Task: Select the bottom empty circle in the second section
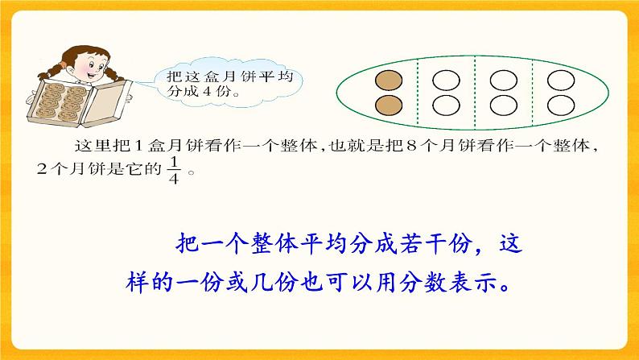pos(445,104)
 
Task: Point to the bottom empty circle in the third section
pos(502,104)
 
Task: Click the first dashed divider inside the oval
pos(418,92)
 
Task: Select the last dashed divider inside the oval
pos(531,92)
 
